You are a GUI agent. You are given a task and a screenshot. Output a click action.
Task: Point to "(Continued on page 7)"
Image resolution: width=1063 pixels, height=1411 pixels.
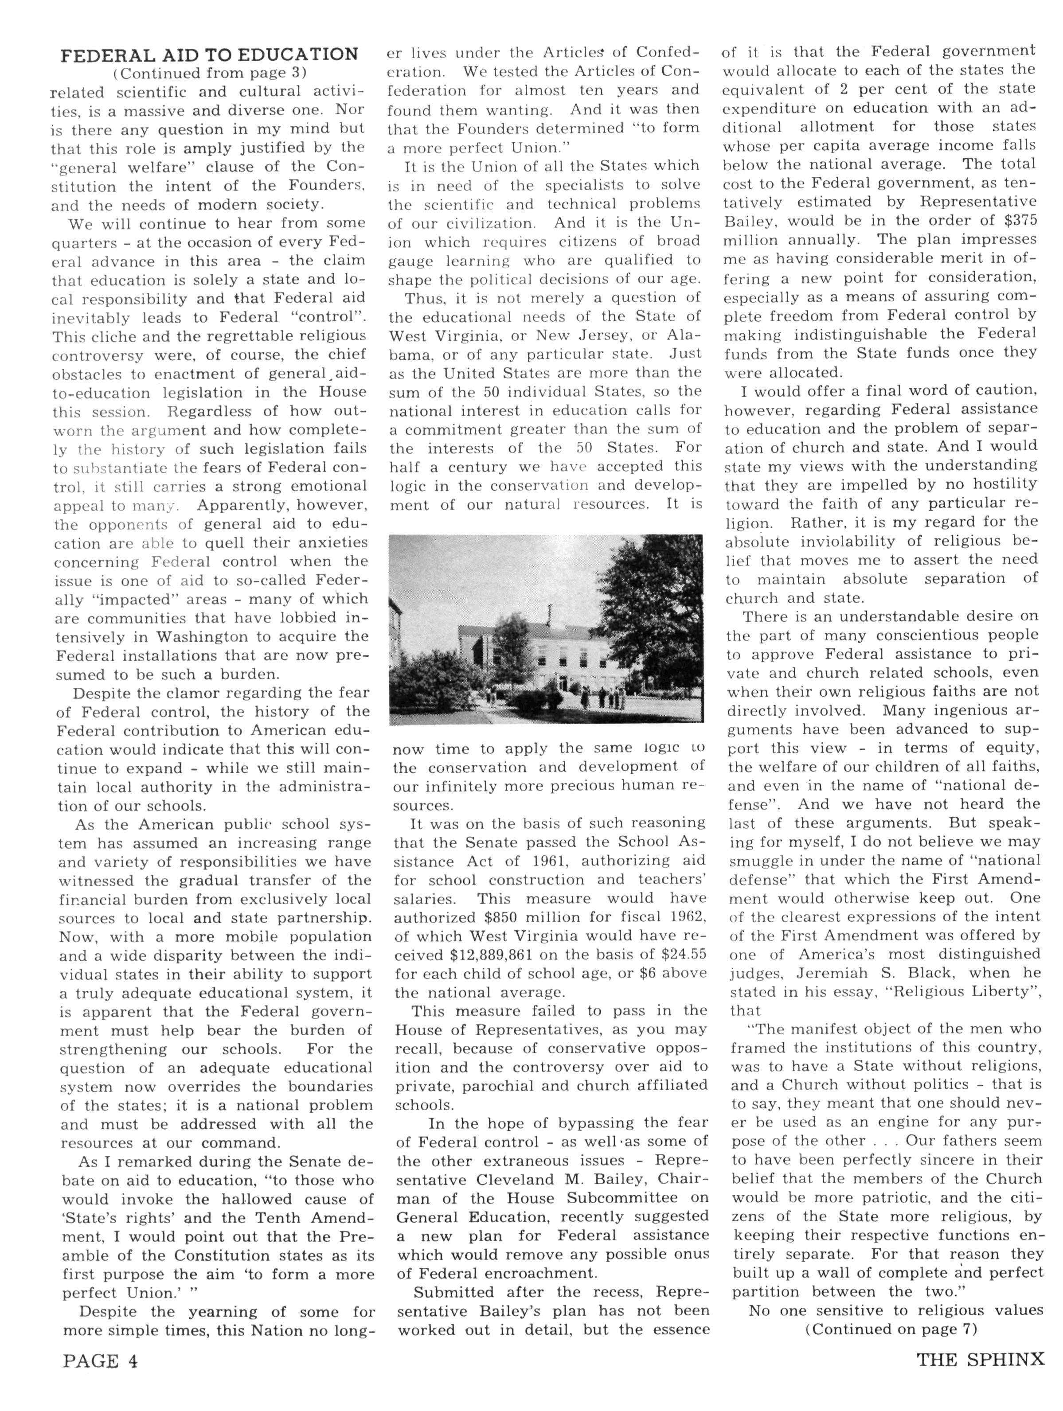pyautogui.click(x=891, y=1330)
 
